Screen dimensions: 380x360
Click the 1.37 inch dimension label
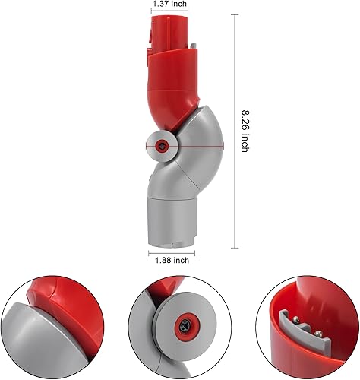170,5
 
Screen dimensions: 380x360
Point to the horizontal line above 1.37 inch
170,14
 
